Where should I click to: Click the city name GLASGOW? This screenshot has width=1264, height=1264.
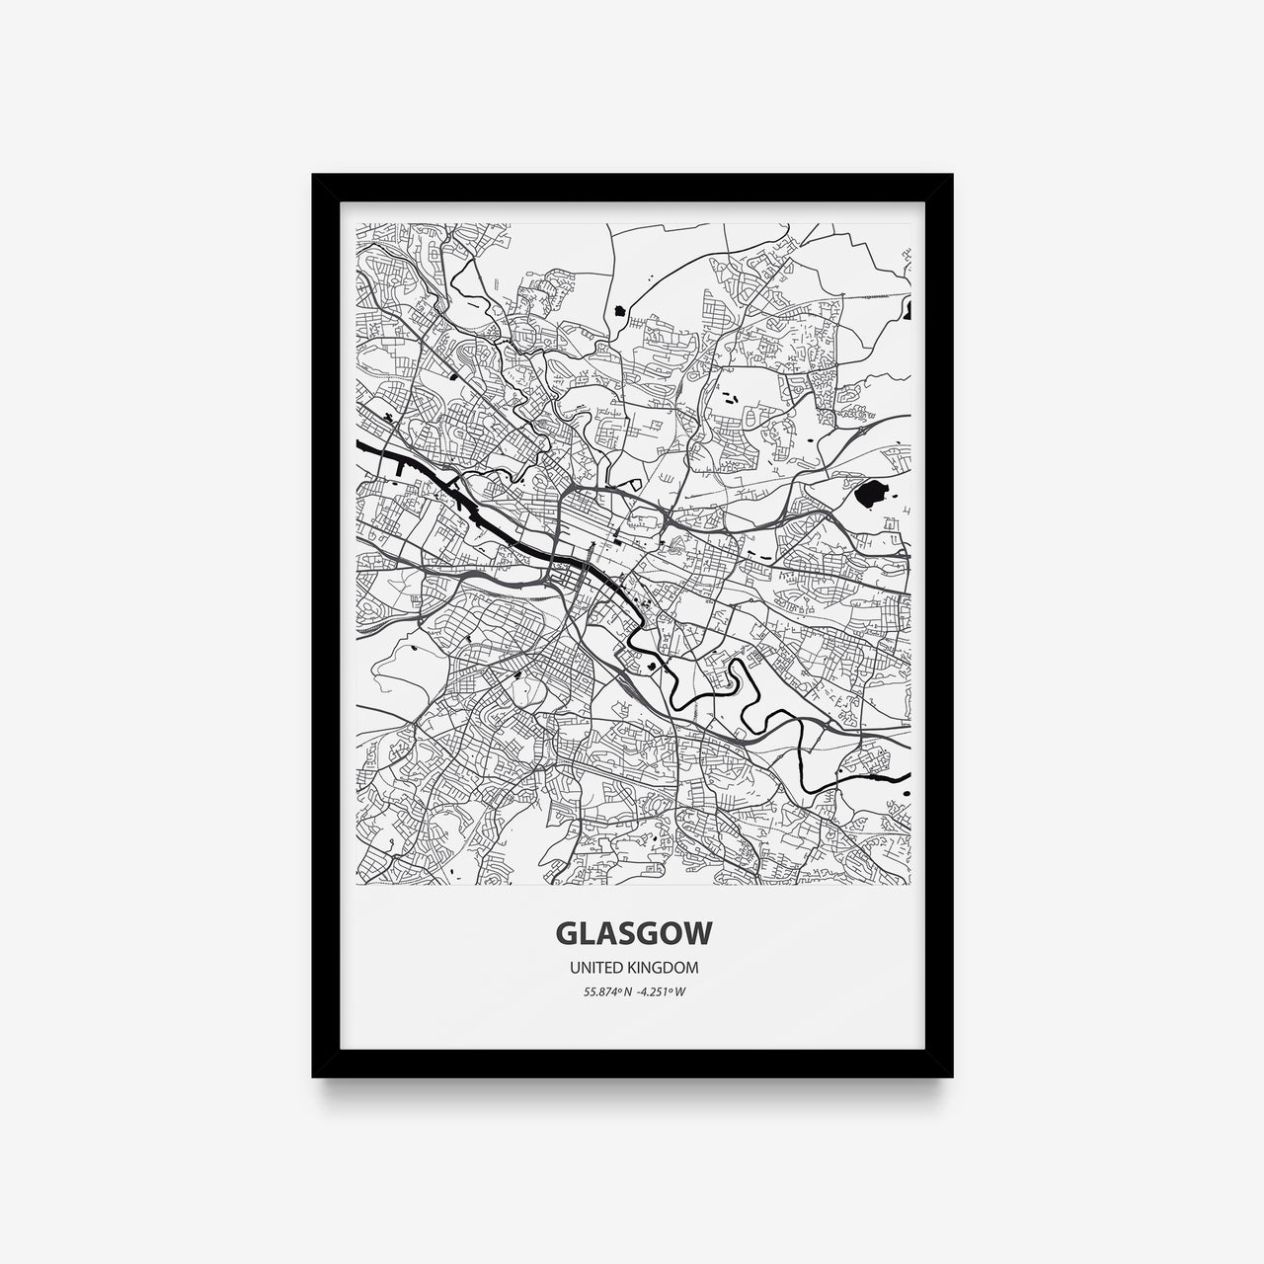tap(631, 933)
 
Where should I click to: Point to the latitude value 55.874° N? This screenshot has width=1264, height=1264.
tap(604, 991)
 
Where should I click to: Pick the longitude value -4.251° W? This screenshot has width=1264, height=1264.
tap(662, 991)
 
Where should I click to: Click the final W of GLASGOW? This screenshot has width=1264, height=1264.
tap(698, 933)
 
